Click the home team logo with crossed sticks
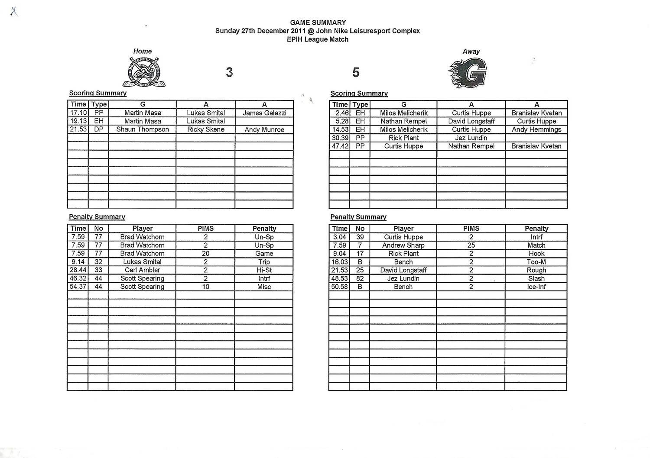(143, 72)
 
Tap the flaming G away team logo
(468, 73)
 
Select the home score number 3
(229, 72)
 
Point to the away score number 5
(356, 72)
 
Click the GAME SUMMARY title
(318, 23)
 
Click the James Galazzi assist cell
(264, 113)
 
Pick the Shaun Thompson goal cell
(143, 129)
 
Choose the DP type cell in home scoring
(99, 129)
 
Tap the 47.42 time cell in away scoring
(340, 146)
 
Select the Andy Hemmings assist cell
(536, 129)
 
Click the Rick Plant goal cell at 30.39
(403, 138)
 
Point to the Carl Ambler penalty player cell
(143, 270)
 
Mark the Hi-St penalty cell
(264, 270)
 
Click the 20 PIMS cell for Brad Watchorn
(205, 254)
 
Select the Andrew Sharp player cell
(403, 245)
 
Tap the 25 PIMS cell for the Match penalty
(471, 245)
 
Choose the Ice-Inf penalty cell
(536, 287)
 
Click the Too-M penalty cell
(536, 262)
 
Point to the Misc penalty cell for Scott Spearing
(264, 287)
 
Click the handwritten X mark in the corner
(14, 11)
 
